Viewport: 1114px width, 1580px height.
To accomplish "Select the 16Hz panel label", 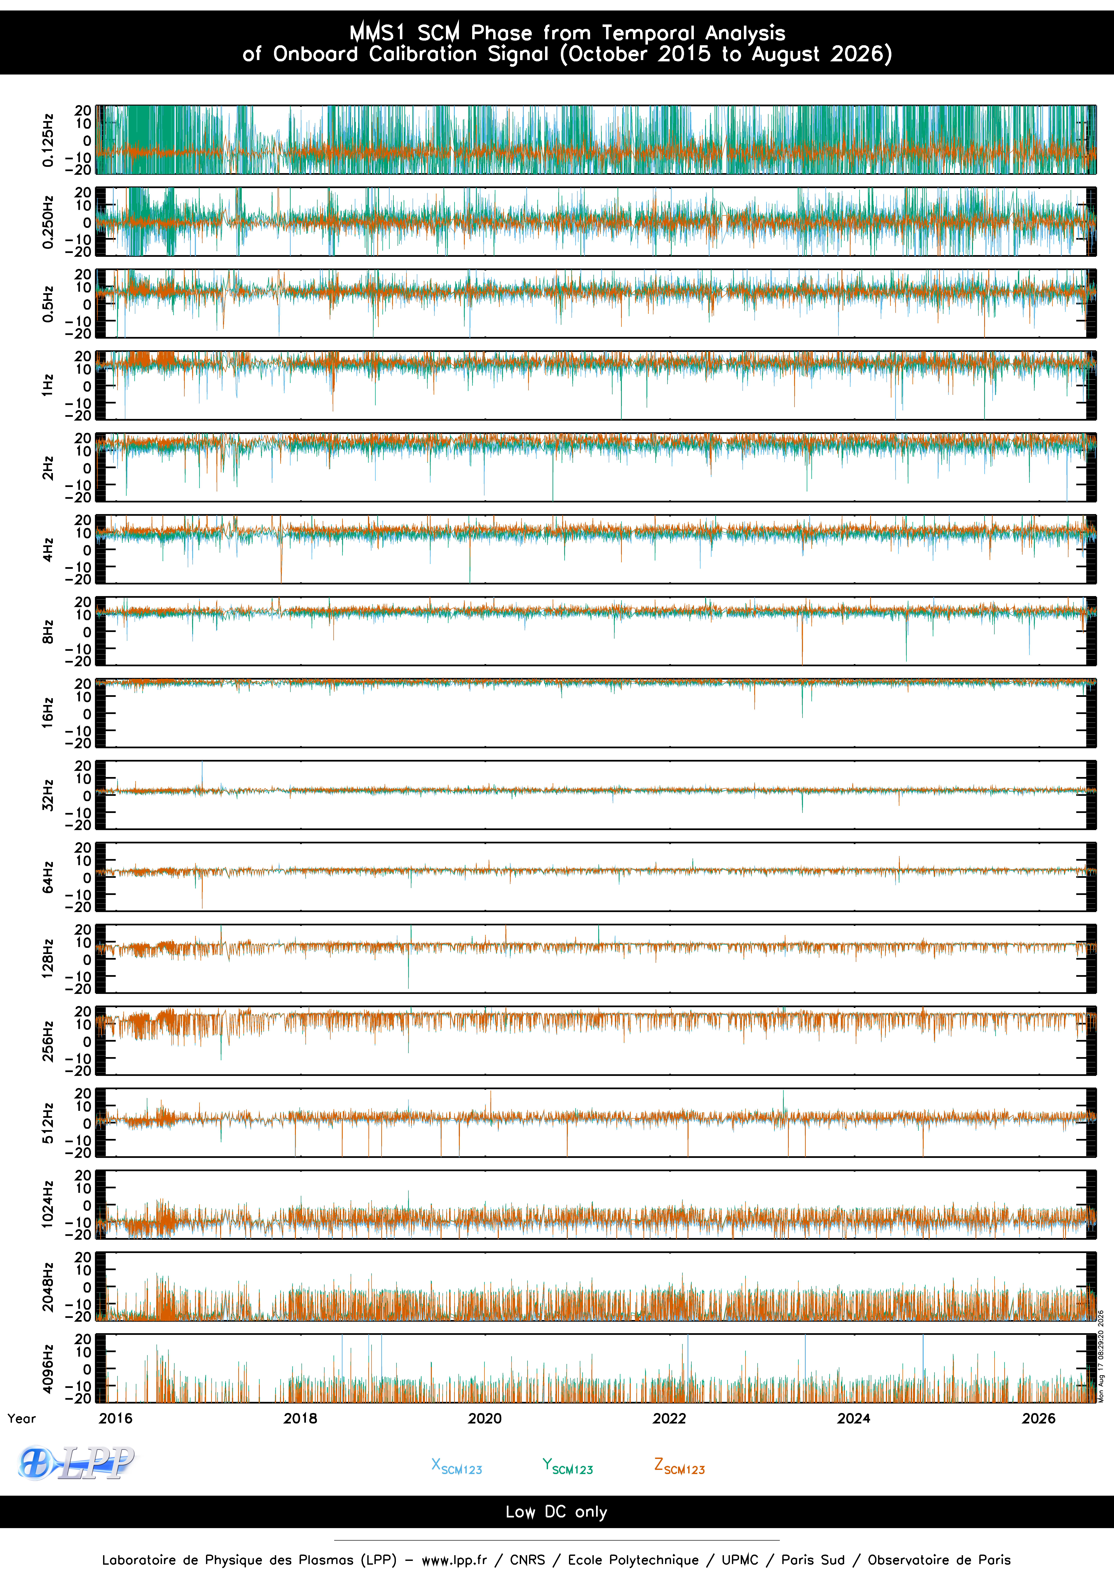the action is (48, 713).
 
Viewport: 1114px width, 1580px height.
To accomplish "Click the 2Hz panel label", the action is (48, 467).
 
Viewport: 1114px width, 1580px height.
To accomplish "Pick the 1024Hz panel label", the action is (48, 1204).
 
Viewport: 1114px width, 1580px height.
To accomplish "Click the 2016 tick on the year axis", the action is (116, 1418).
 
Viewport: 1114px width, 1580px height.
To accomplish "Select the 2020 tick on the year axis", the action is (485, 1418).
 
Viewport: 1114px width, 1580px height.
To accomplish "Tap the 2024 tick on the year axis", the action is (854, 1418).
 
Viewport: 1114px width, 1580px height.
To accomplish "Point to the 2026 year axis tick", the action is (1038, 1418).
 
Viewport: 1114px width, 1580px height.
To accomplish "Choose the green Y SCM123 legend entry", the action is (568, 1466).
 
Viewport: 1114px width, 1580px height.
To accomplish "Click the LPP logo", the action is (76, 1463).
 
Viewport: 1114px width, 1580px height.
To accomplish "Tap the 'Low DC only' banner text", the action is (557, 1512).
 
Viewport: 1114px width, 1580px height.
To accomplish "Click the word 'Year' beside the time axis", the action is (22, 1418).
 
